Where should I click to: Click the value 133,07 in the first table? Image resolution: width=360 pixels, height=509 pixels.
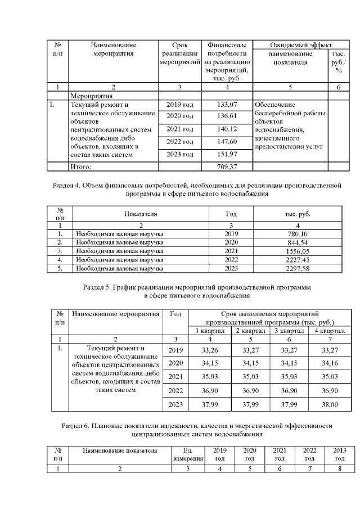[227, 105]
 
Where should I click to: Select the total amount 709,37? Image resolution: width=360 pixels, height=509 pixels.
[227, 166]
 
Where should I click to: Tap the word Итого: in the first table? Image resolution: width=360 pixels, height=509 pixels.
[80, 166]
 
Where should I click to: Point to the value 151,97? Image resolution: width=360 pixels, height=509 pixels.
[227, 154]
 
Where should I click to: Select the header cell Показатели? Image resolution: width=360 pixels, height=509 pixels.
[141, 214]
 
